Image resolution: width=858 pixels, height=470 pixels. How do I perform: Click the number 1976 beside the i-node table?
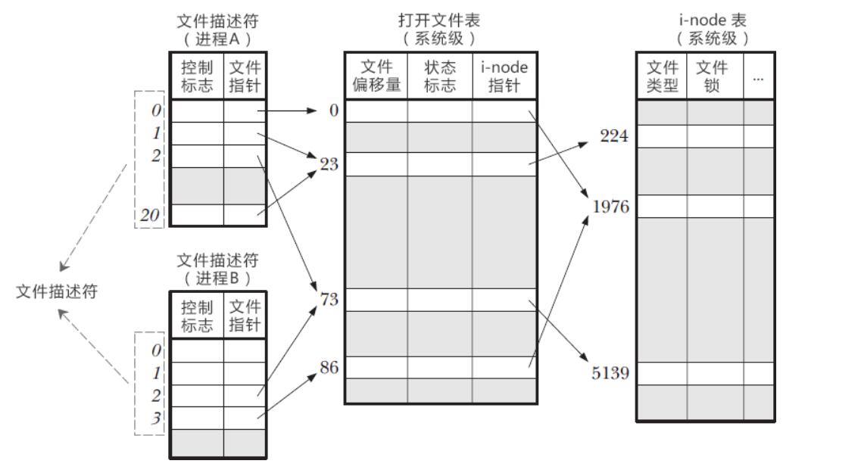[610, 207]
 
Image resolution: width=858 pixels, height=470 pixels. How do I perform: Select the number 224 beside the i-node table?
[614, 137]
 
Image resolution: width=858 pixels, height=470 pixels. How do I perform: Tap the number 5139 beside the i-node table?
[610, 374]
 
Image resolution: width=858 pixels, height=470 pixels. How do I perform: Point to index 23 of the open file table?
[329, 164]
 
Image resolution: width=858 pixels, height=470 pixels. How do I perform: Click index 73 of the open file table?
[329, 300]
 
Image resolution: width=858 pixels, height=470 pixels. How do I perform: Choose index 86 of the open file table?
[329, 369]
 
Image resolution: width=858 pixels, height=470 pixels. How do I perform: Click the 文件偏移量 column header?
[376, 76]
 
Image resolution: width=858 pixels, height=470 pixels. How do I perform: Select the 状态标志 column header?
[440, 76]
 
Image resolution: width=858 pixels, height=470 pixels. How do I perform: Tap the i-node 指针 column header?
[504, 76]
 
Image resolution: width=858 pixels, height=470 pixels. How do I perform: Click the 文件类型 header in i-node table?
[662, 76]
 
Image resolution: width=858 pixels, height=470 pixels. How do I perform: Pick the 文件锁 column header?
[712, 76]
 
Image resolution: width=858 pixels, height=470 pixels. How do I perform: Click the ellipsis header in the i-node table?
[759, 77]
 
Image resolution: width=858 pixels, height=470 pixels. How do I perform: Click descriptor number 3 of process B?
[156, 419]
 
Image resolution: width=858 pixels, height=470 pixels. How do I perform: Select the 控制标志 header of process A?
[197, 76]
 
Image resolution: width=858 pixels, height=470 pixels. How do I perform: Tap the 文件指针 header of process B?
[245, 316]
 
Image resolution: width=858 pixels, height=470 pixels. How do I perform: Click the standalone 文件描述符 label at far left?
[57, 292]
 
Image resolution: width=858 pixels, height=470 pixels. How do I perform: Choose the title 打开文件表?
[439, 20]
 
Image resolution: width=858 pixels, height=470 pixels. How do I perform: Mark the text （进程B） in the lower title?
[217, 278]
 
